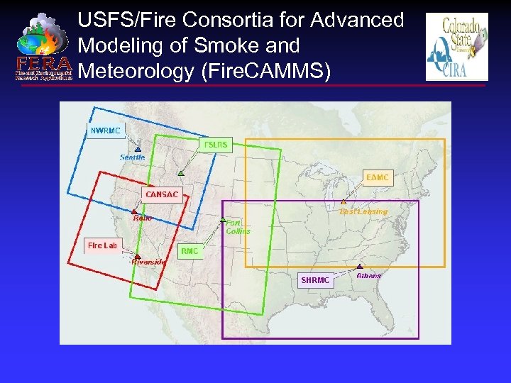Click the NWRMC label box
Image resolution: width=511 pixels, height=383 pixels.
pyautogui.click(x=106, y=131)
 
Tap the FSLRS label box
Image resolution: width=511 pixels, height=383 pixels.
pyautogui.click(x=216, y=145)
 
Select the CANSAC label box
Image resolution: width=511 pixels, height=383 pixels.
pyautogui.click(x=162, y=194)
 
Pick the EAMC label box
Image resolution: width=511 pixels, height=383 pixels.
pyautogui.click(x=378, y=177)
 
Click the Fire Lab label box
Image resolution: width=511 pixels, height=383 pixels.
pyautogui.click(x=102, y=245)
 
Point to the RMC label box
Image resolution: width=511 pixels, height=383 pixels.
pyautogui.click(x=189, y=251)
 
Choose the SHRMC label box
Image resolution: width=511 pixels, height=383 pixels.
pyautogui.click(x=315, y=280)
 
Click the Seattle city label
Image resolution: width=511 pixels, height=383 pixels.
pyautogui.click(x=132, y=157)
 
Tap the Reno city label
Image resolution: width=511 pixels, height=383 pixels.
pyautogui.click(x=143, y=218)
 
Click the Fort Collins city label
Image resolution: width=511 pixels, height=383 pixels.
pyautogui.click(x=238, y=226)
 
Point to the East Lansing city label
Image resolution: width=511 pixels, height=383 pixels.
pyautogui.click(x=363, y=211)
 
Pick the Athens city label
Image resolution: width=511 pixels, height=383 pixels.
pyautogui.click(x=368, y=275)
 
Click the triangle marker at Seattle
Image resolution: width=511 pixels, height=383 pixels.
pyautogui.click(x=137, y=148)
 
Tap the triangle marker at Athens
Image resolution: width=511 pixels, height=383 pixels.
pyautogui.click(x=360, y=267)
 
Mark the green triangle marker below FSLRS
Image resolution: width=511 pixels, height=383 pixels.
pyautogui.click(x=181, y=172)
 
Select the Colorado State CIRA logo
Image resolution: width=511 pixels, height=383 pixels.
pyautogui.click(x=456, y=47)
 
